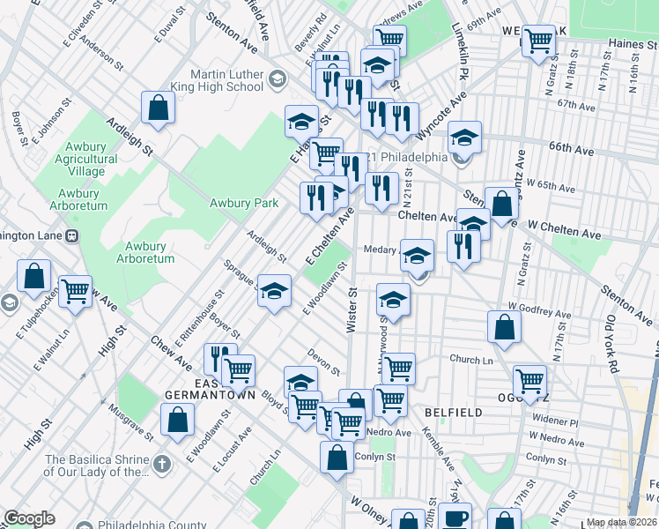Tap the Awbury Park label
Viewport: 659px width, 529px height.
pos(244,203)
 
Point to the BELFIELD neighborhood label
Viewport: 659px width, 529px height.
pos(453,412)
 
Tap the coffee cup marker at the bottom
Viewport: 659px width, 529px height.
pos(455,518)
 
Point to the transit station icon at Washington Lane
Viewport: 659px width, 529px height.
pos(72,235)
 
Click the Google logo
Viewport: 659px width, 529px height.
pos(29,518)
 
